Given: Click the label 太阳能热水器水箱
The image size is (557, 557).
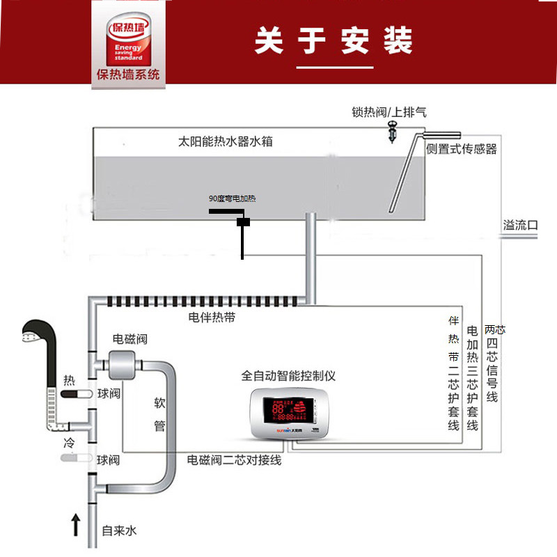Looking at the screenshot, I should tap(226, 141).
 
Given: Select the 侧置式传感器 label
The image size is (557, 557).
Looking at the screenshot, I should tap(461, 149).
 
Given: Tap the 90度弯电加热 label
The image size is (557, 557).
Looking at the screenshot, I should tap(233, 199).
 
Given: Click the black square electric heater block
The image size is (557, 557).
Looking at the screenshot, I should tap(243, 223).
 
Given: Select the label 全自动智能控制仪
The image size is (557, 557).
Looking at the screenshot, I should tap(289, 376).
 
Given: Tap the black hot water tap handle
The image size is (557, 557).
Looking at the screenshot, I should tap(74, 395).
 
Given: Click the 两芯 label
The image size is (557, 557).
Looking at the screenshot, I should tap(494, 329).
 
